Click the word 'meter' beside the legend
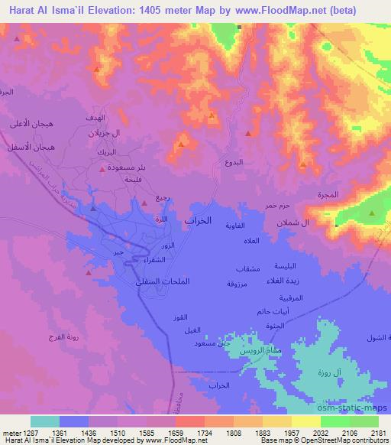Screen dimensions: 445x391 click(x=10, y=432)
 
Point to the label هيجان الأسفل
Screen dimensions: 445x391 click(x=34, y=145)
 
